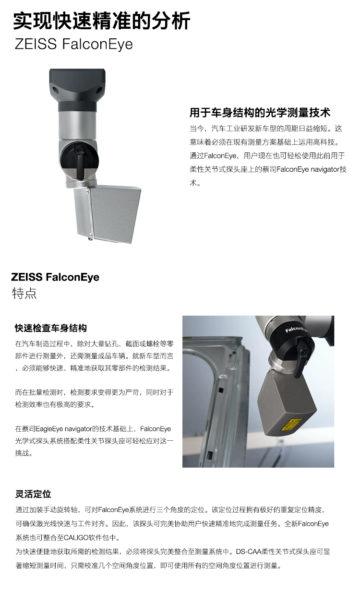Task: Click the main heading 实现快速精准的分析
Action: point(102,21)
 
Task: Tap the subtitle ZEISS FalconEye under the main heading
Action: point(74,44)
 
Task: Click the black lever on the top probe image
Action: point(80,162)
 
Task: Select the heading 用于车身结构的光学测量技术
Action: point(260,113)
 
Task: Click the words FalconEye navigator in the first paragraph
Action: point(308,170)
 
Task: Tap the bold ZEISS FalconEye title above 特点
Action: point(55,277)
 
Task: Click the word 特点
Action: point(24,293)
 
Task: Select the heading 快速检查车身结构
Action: point(51,328)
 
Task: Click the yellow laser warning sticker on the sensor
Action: point(291,424)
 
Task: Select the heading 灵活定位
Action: point(33,494)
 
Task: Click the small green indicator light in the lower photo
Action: point(294,319)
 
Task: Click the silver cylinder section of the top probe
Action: point(77,125)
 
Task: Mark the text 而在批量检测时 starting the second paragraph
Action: point(39,392)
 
